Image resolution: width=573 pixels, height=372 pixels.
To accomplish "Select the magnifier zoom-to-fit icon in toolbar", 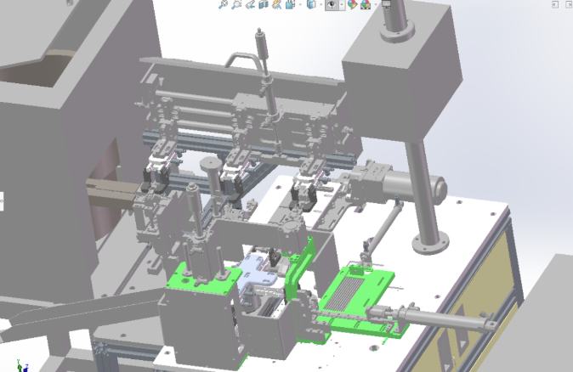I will [x=224, y=5].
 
